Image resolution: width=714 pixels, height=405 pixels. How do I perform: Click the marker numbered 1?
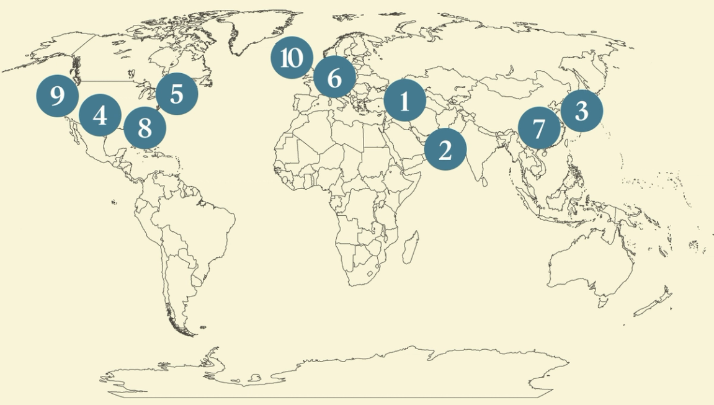pos(405,100)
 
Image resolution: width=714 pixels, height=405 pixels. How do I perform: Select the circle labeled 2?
pos(445,149)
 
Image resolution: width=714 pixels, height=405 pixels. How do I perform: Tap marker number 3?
pos(581,111)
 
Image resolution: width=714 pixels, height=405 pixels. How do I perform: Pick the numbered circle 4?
pos(100,115)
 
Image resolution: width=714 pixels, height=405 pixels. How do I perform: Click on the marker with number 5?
pos(177,94)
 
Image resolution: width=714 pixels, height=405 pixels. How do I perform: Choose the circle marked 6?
pos(334,78)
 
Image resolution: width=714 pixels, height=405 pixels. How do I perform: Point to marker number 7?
pos(538,129)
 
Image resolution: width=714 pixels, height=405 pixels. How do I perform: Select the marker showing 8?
pos(145,128)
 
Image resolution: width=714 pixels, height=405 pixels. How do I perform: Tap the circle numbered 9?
pos(57,96)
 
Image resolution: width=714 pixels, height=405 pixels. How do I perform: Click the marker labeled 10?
pos(291,58)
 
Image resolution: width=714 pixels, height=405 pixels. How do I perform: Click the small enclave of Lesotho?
pos(371,273)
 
